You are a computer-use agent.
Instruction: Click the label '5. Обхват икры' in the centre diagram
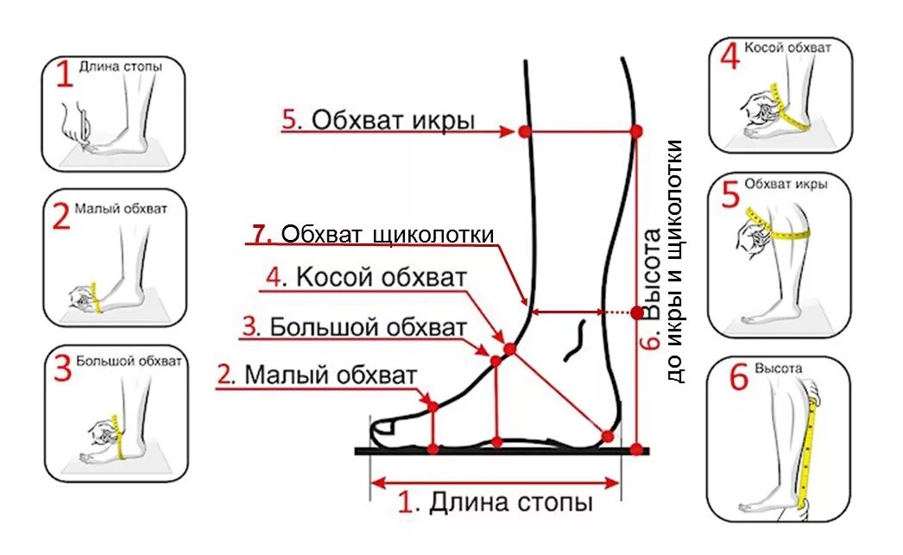[x=378, y=120]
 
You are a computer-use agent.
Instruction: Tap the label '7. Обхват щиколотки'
[x=374, y=234]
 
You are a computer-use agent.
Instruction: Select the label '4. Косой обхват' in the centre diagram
[x=367, y=278]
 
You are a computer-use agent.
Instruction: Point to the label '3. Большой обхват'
[x=355, y=328]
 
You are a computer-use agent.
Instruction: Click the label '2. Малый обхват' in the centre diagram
[x=317, y=375]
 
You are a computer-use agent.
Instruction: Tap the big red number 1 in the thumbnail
[x=65, y=77]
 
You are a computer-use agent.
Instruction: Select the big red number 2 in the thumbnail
[x=60, y=217]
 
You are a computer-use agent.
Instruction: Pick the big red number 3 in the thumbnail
[x=61, y=369]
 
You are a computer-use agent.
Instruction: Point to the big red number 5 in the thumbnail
[x=730, y=195]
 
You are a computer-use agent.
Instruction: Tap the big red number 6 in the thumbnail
[x=738, y=379]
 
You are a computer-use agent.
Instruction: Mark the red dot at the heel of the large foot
[x=608, y=436]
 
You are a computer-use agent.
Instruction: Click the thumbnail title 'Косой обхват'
[x=787, y=48]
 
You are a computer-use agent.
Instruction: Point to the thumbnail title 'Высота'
[x=778, y=369]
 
